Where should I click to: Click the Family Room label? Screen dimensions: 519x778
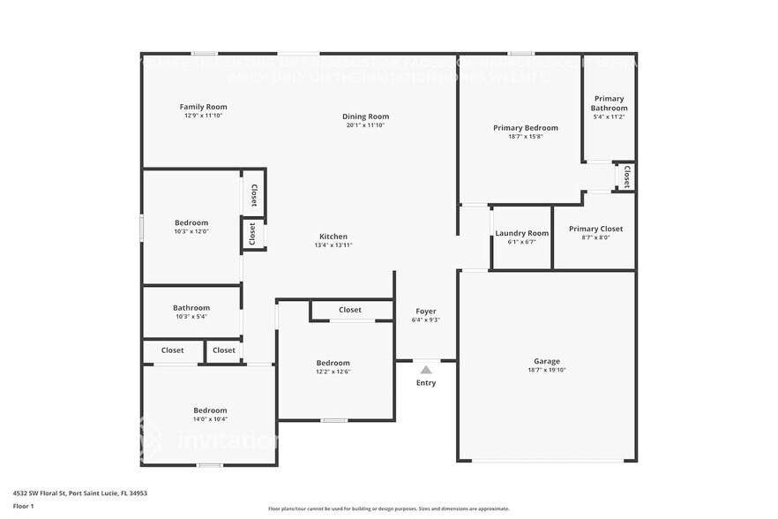click(x=204, y=107)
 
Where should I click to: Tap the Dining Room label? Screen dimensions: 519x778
click(x=365, y=117)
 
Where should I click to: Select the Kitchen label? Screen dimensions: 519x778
click(x=333, y=237)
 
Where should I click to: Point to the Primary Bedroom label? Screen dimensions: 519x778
click(x=525, y=128)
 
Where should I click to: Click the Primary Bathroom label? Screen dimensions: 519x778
click(x=609, y=103)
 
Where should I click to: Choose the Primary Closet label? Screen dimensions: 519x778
click(x=595, y=229)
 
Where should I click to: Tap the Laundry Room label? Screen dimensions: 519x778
click(x=521, y=233)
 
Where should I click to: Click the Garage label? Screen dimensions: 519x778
click(x=547, y=361)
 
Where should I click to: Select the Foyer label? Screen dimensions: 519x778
click(x=425, y=312)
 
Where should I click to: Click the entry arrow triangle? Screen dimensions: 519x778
click(x=426, y=370)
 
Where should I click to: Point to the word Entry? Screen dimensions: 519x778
click(x=426, y=383)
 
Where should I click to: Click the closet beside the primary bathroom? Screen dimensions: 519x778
click(x=626, y=176)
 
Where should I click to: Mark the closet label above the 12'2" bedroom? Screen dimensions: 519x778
click(x=350, y=310)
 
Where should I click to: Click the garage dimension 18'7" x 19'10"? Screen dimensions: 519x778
click(x=547, y=371)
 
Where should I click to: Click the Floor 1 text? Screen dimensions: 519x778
click(x=23, y=506)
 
